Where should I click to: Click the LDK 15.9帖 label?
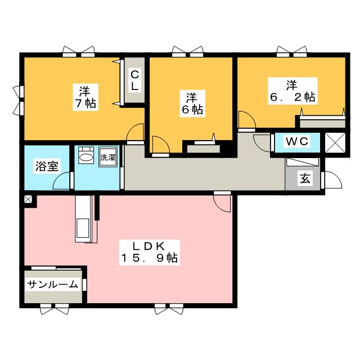click(x=150, y=253)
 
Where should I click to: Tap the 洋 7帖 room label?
click(x=85, y=97)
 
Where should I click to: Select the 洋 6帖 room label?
click(x=192, y=103)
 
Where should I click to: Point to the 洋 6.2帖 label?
click(x=292, y=91)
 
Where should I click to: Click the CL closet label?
click(x=134, y=80)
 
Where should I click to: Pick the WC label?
click(x=297, y=141)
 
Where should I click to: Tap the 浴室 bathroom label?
click(x=47, y=166)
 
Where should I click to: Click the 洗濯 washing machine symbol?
click(x=108, y=157)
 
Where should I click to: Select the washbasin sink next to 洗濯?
click(x=86, y=155)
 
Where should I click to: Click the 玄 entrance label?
click(x=305, y=178)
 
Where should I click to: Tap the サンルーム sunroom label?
click(x=53, y=285)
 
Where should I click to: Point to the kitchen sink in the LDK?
click(x=83, y=228)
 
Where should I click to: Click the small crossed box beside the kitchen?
click(x=28, y=199)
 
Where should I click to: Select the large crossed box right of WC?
click(x=335, y=142)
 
